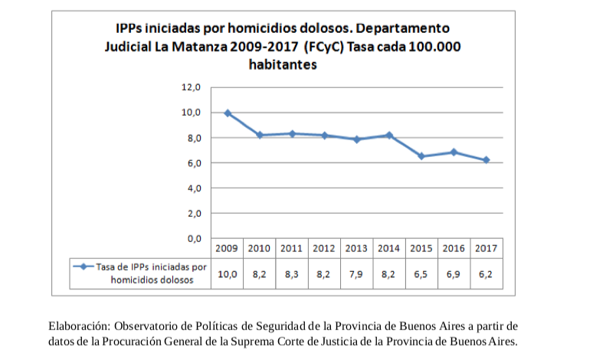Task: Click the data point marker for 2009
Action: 228,113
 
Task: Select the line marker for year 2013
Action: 357,139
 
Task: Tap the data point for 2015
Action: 421,156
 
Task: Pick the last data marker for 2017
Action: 486,160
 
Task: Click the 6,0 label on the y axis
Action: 191,163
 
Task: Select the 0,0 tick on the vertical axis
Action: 191,238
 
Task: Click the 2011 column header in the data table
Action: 291,249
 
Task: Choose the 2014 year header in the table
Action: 388,249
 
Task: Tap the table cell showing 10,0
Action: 227,273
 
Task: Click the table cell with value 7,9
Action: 356,273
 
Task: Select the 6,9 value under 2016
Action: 453,273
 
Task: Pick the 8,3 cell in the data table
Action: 291,273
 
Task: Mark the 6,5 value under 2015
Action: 421,273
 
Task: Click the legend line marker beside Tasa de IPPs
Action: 84,267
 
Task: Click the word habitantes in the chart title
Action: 283,65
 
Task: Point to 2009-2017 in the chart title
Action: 265,46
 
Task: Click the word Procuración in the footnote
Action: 139,341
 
